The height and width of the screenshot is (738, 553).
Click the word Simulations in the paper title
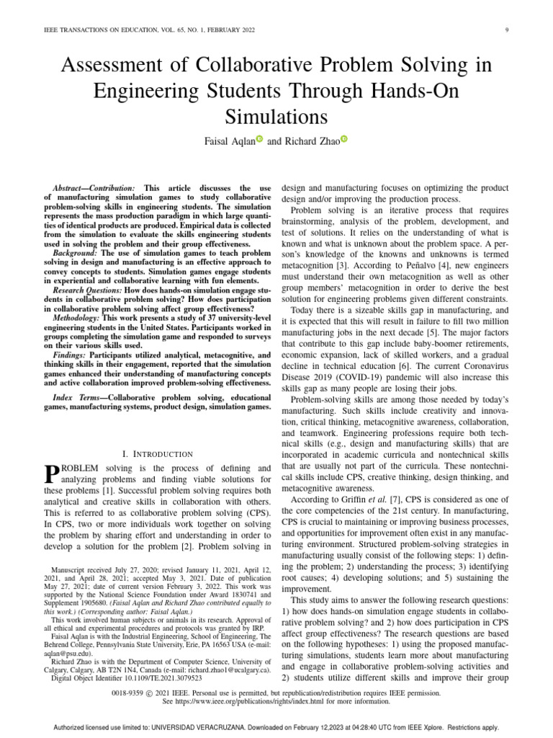pos(276,117)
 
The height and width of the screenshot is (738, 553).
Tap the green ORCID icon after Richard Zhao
pos(343,141)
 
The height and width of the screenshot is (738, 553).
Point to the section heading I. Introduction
pos(158,453)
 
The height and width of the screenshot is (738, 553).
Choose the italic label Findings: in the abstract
pos(72,355)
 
